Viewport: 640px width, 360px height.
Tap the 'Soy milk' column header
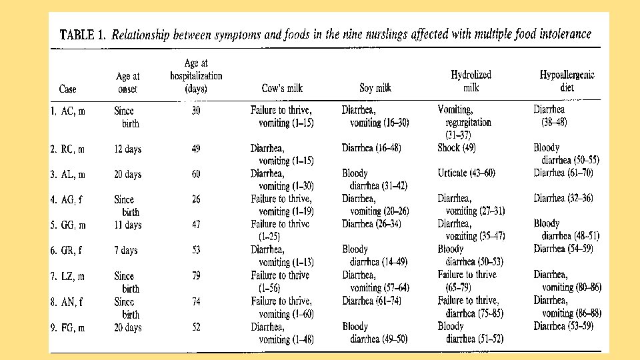[x=375, y=88]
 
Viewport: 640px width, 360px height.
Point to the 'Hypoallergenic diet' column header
[x=567, y=81]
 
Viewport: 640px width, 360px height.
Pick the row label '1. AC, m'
[x=68, y=111]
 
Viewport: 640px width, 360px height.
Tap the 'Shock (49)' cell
[x=457, y=148]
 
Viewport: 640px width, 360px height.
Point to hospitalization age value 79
[x=195, y=276]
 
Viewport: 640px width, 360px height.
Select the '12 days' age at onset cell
[x=127, y=149]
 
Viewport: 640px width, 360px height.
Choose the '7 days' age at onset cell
[x=125, y=250]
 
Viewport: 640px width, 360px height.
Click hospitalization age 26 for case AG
[x=195, y=199]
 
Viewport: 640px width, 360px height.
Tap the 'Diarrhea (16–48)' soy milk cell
[x=371, y=148]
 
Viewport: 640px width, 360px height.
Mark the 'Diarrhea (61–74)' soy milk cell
[x=371, y=301]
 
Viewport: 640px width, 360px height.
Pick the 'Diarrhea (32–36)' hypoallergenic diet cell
[x=563, y=198]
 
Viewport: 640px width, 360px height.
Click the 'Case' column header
[x=68, y=89]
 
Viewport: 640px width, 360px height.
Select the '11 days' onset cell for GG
[x=127, y=225]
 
